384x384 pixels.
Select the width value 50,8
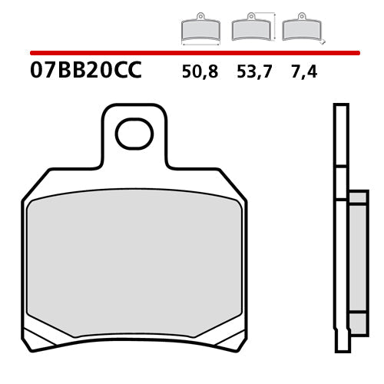[200, 73]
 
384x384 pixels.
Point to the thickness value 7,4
[304, 73]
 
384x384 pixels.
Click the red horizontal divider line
[192, 53]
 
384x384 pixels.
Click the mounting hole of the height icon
[250, 17]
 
